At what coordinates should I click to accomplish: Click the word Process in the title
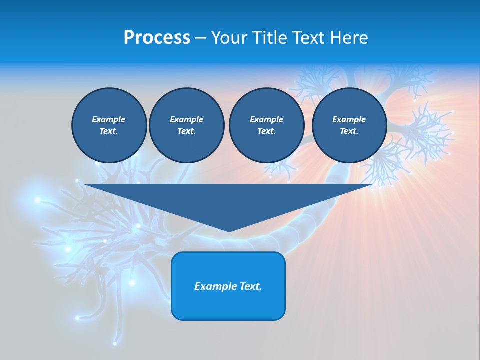[x=157, y=38]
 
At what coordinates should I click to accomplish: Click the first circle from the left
[x=109, y=125]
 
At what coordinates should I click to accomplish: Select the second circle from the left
[x=186, y=125]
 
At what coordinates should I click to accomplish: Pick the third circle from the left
[x=266, y=125]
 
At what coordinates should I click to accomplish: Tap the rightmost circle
[x=349, y=125]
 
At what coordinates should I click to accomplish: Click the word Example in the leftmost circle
[x=109, y=119]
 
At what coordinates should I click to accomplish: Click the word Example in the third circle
[x=266, y=119]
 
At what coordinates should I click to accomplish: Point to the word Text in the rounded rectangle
[x=251, y=286]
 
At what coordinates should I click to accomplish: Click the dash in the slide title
[x=200, y=38]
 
